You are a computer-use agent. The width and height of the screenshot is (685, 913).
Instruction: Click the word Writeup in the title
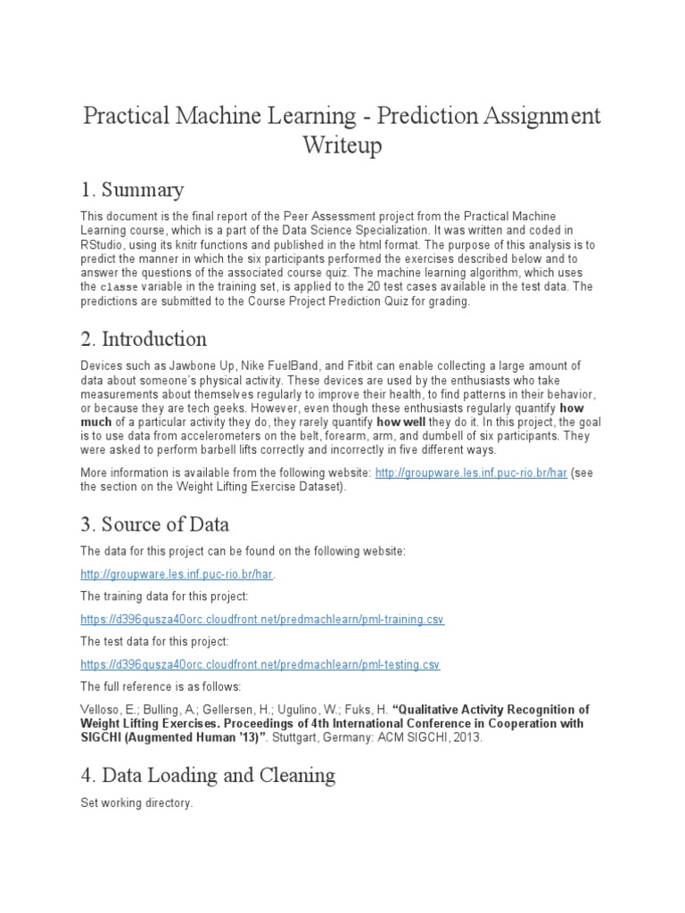point(342,145)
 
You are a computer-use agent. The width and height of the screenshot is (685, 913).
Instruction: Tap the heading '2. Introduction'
point(144,339)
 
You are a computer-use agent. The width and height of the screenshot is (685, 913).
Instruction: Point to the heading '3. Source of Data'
point(155,524)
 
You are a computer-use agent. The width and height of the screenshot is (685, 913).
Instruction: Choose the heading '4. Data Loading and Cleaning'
point(208,775)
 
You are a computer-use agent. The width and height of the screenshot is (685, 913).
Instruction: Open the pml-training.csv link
point(262,620)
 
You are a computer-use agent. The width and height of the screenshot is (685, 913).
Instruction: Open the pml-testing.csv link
point(260,664)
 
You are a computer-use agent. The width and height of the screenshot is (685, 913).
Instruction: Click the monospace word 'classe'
point(119,288)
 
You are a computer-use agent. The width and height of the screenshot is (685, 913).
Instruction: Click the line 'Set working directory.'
point(136,803)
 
